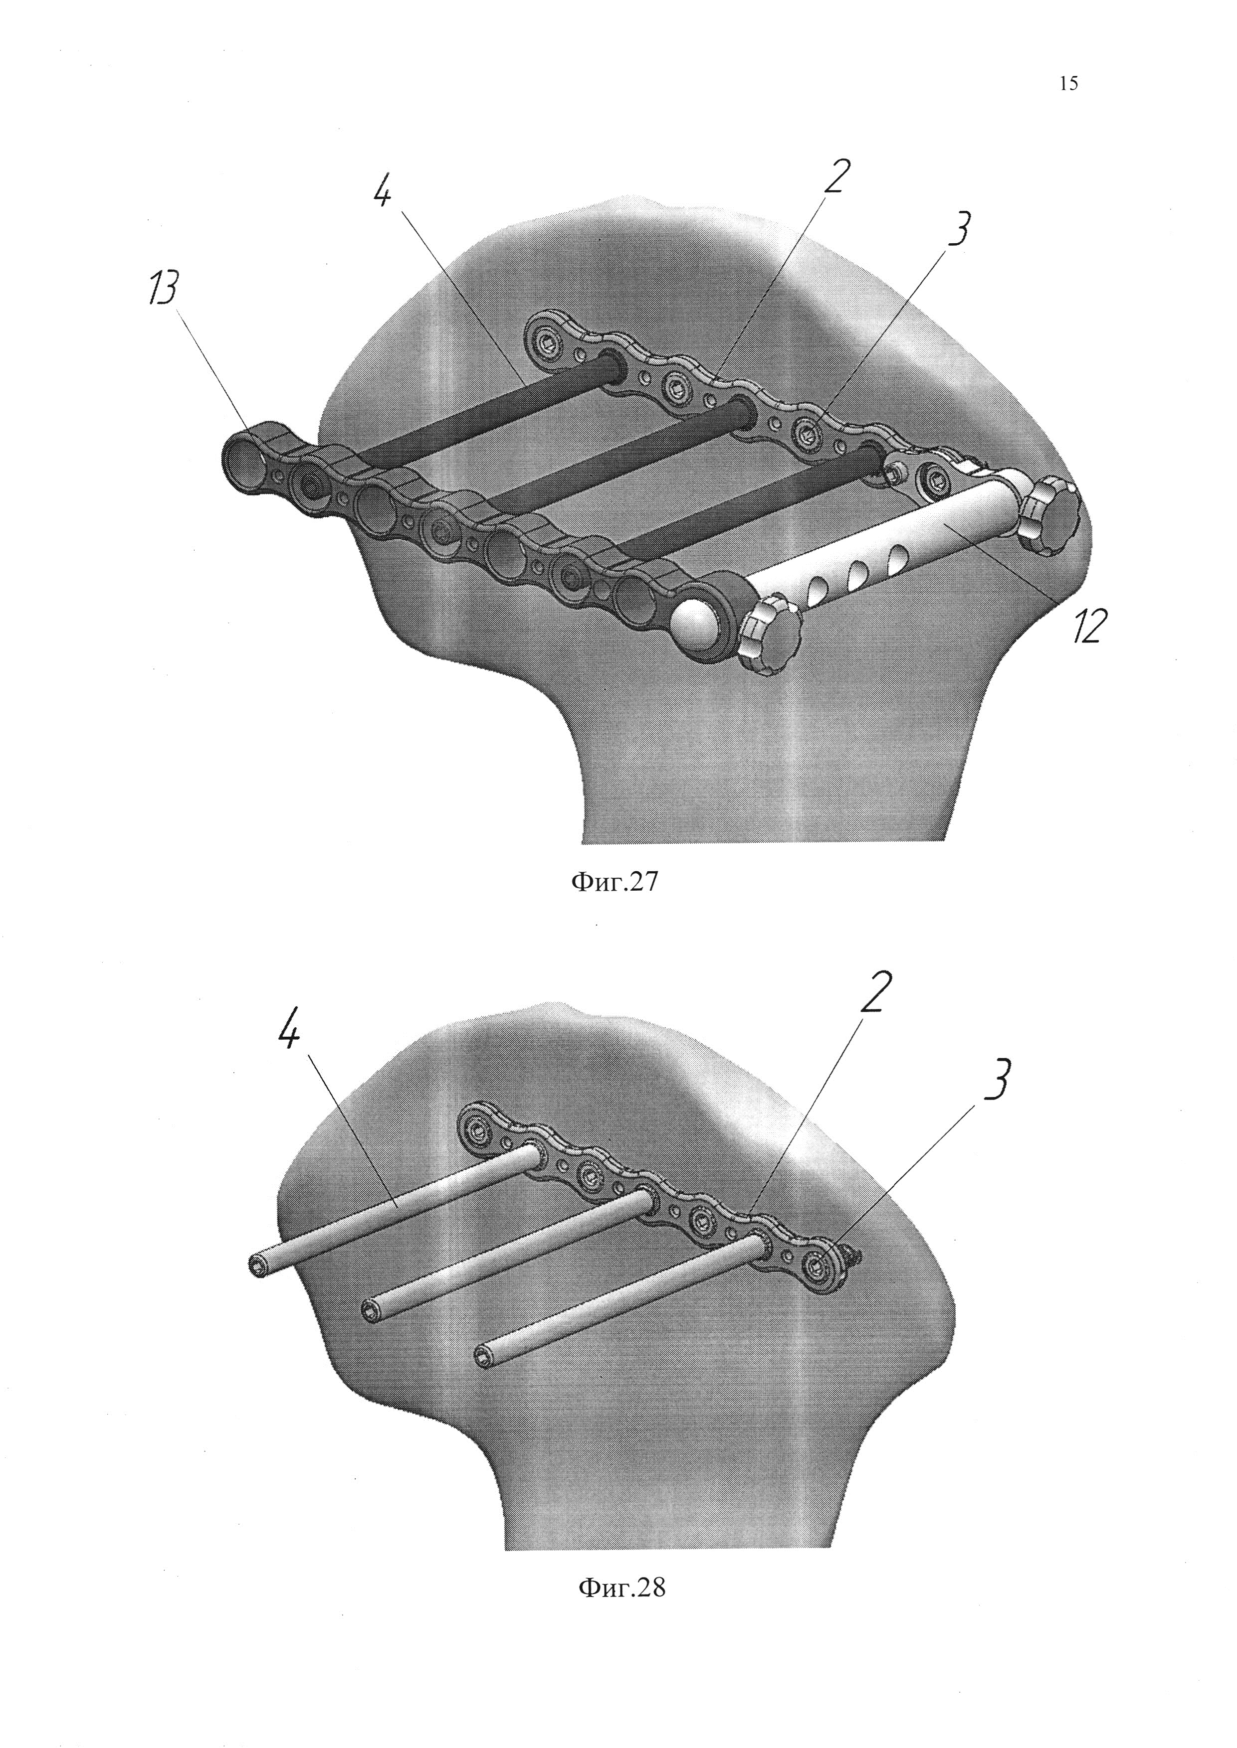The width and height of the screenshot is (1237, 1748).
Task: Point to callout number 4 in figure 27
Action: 383,186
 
